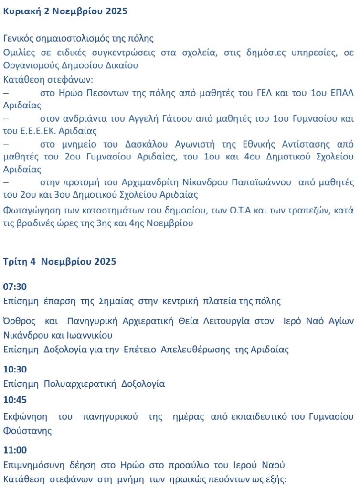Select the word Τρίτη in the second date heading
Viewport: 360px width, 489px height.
[14, 261]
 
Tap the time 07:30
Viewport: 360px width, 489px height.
[15, 287]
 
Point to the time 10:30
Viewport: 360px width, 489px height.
[15, 369]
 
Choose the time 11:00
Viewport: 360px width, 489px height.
[15, 450]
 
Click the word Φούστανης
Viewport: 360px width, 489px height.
[27, 431]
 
